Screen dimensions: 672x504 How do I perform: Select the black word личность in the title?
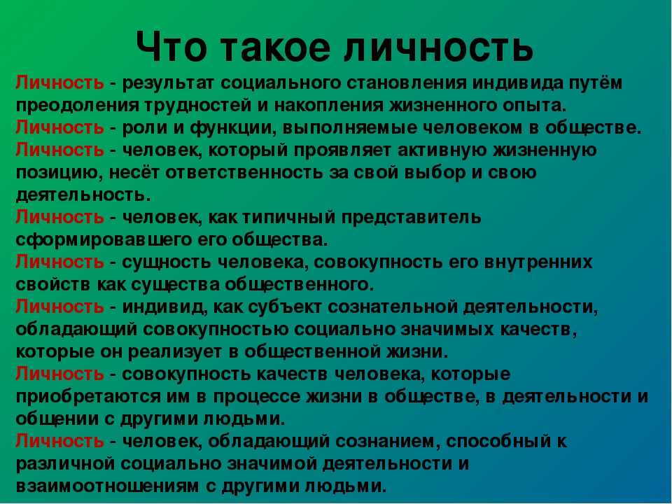(x=438, y=47)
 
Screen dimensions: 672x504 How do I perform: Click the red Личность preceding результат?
(x=59, y=83)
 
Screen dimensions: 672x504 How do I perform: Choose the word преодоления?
(x=77, y=106)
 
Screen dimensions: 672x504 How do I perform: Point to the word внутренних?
(x=538, y=262)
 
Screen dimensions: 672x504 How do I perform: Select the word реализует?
(x=175, y=352)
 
